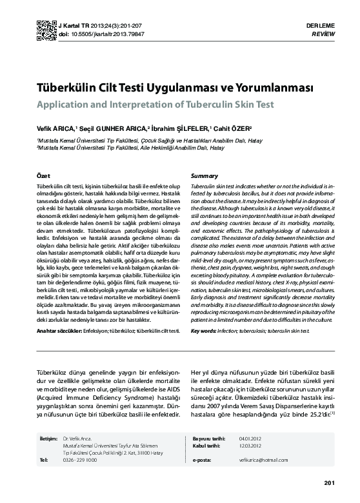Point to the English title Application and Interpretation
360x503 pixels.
(x=155, y=104)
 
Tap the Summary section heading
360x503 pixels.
(x=205, y=175)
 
